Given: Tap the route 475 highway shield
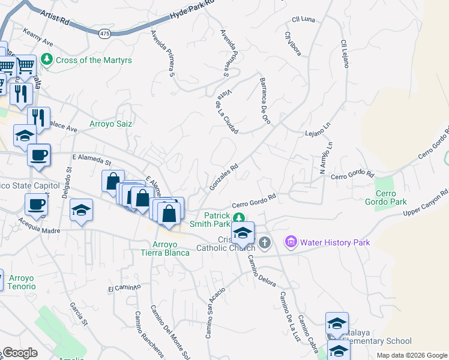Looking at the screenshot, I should [x=106, y=34].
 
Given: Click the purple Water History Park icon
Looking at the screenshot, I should [x=292, y=242].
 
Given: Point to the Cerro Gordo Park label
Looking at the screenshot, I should [x=391, y=198].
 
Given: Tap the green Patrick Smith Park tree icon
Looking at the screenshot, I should [x=239, y=217].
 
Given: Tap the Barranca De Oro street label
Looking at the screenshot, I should [x=264, y=100].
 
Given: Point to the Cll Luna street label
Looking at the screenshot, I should [x=303, y=19].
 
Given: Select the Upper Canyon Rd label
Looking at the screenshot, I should [x=426, y=203].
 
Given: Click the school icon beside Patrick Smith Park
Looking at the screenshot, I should [x=243, y=232].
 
